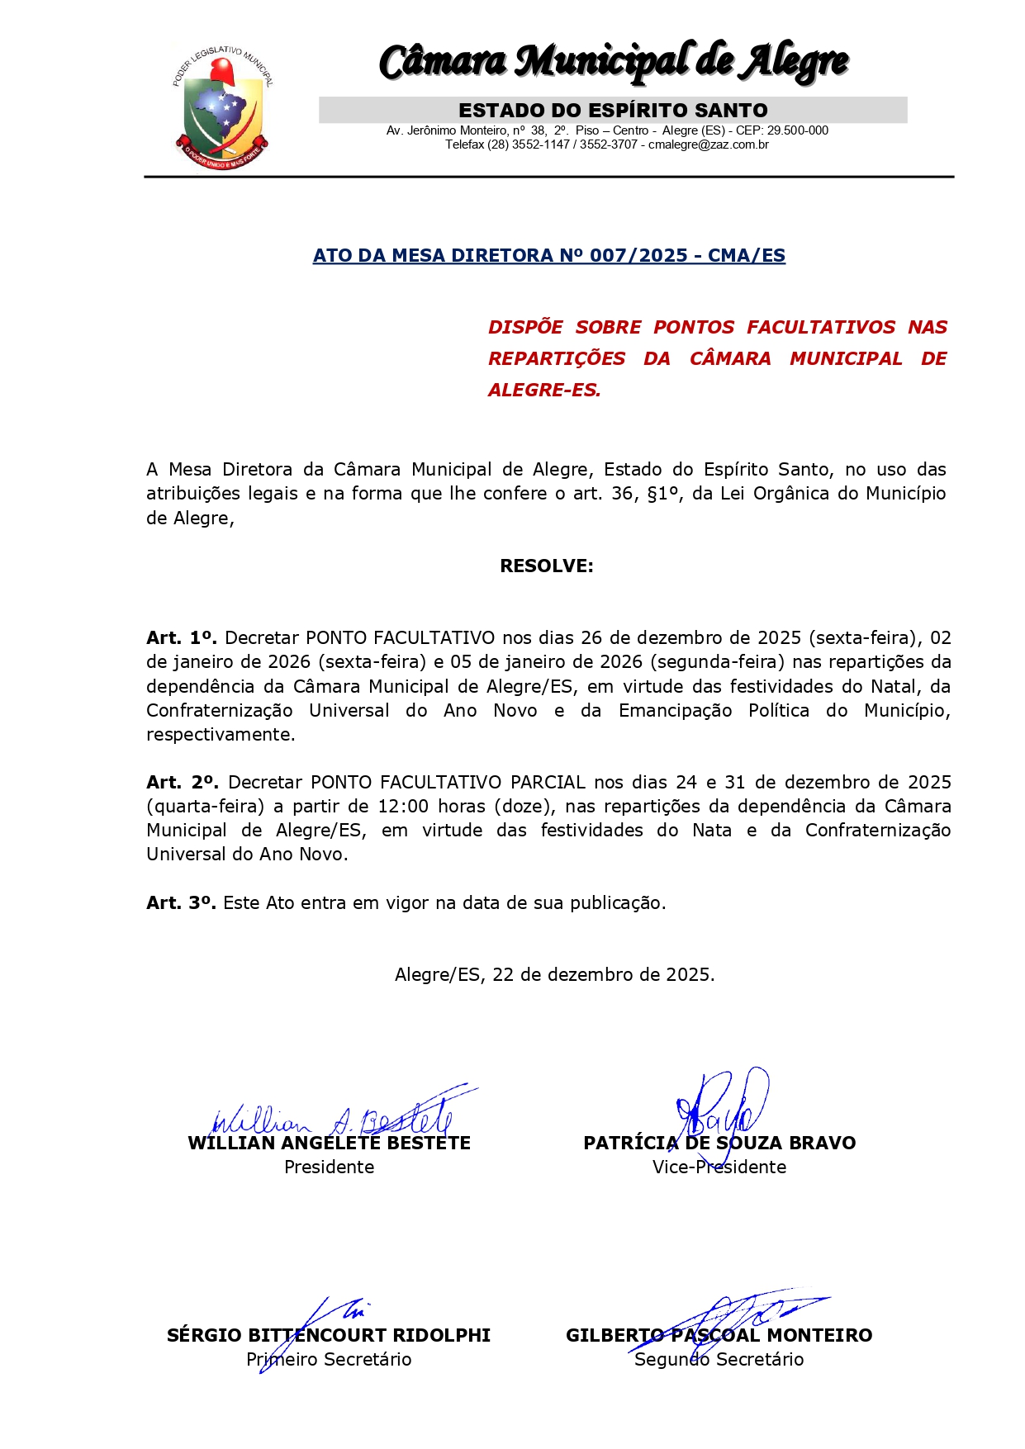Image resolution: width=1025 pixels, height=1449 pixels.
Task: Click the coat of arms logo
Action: (221, 105)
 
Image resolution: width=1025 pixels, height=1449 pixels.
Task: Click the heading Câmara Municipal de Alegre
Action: (613, 62)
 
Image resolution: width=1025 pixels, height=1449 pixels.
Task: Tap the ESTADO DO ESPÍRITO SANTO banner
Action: (613, 110)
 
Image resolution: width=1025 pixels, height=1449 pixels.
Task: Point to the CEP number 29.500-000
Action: (797, 130)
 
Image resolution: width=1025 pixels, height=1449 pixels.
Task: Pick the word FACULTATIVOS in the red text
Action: (821, 327)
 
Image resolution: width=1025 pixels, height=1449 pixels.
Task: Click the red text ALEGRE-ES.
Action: (544, 390)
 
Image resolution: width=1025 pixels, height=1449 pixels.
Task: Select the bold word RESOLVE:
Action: (547, 566)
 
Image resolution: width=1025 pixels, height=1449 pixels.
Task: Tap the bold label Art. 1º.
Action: (182, 637)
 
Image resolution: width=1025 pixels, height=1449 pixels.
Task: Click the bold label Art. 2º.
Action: (183, 782)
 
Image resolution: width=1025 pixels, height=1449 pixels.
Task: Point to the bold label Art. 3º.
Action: (182, 902)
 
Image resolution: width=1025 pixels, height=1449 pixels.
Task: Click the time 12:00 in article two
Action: (403, 806)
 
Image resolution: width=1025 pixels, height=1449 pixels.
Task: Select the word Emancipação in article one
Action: (675, 710)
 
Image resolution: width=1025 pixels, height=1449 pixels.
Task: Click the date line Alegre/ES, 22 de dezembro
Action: (554, 974)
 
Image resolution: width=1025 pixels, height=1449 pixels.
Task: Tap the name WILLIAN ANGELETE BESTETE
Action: (329, 1144)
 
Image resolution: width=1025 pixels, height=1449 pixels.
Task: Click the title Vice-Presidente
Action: (719, 1167)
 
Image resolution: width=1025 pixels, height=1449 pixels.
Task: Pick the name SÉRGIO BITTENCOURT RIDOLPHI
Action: (329, 1335)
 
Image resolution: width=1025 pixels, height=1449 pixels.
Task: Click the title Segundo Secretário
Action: (719, 1359)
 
